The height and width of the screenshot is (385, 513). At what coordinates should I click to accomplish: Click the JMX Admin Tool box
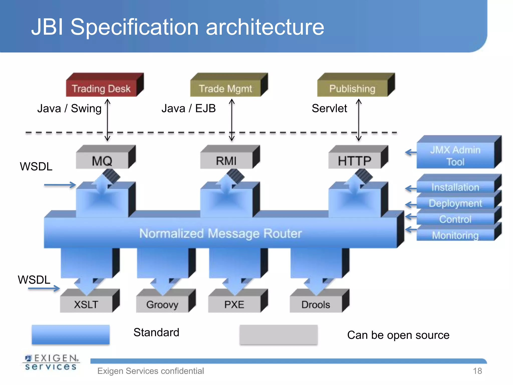tap(455, 155)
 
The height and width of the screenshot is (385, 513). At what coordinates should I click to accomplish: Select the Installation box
tap(455, 187)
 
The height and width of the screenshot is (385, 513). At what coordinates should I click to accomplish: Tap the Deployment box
tap(455, 203)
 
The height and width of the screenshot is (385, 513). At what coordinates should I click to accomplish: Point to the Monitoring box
tap(455, 235)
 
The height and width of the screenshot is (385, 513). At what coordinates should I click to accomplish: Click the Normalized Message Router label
tap(220, 233)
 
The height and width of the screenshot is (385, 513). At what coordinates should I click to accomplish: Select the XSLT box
tap(86, 304)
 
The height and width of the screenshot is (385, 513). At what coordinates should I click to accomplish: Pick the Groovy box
tap(162, 304)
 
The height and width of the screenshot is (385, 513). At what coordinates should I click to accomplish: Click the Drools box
tap(316, 304)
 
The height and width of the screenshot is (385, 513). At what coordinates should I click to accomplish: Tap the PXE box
tap(234, 304)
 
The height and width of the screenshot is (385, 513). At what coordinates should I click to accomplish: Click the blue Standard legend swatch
tap(71, 334)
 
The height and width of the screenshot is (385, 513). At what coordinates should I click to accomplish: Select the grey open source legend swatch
tap(279, 334)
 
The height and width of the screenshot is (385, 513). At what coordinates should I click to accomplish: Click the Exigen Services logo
tap(51, 362)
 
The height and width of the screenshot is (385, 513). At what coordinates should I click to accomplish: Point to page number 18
tap(477, 371)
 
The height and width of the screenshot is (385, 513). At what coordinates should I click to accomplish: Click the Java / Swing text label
tap(69, 109)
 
